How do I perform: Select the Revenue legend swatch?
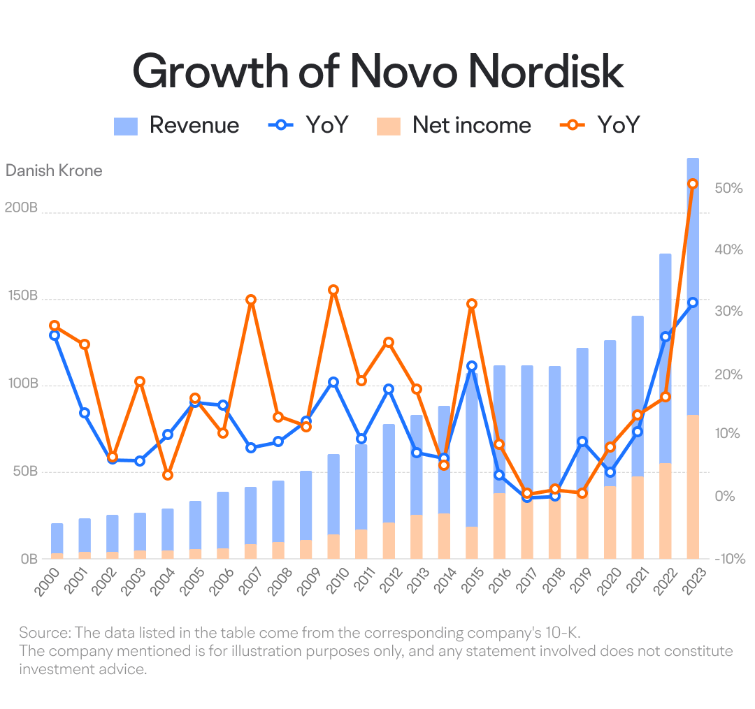(126, 126)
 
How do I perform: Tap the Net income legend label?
(472, 126)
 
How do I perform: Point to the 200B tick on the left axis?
(21, 207)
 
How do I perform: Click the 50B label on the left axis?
(25, 472)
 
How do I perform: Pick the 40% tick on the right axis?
(728, 249)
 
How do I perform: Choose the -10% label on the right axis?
(729, 559)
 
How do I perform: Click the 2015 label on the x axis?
(473, 581)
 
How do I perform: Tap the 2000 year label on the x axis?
(48, 581)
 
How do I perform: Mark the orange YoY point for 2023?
(693, 184)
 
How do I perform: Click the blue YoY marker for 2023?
(693, 302)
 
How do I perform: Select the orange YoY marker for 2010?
(333, 290)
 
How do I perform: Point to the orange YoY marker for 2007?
(250, 300)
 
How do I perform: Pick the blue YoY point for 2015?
(472, 366)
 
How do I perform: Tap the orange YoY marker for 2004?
(168, 475)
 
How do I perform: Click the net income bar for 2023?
(693, 487)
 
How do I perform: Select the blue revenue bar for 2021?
(638, 396)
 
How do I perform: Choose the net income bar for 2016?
(499, 526)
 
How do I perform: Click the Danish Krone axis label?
(54, 170)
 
